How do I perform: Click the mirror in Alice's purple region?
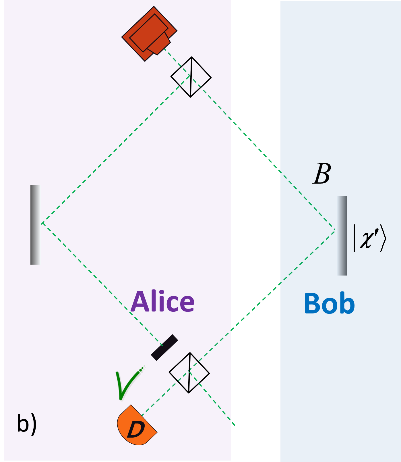click(x=36, y=225)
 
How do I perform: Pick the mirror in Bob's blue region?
click(x=342, y=236)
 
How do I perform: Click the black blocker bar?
click(x=164, y=347)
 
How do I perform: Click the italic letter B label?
click(x=322, y=174)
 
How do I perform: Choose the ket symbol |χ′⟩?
click(x=369, y=238)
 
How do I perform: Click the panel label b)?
click(x=27, y=423)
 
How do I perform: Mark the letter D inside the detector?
click(x=135, y=429)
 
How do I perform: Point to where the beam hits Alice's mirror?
click(x=42, y=223)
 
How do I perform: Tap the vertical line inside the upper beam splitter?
click(x=191, y=77)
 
